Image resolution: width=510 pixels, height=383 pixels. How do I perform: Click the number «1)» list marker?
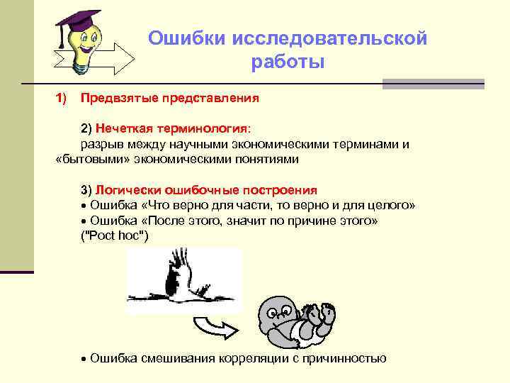[61, 97]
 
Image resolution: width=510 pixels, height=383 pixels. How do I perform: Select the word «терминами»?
[369, 145]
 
